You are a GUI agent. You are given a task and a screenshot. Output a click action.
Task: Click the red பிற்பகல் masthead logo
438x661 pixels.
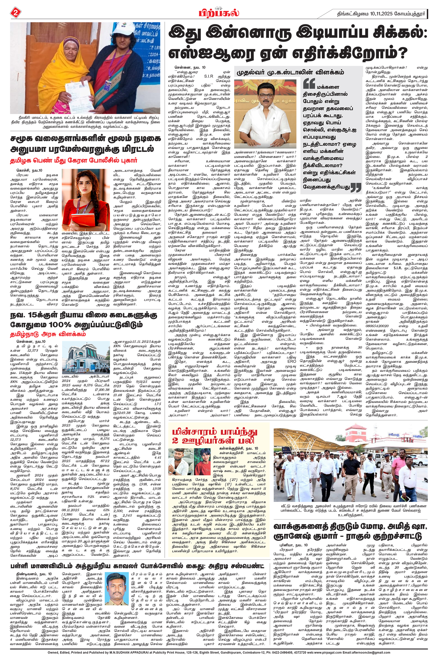tap(219, 13)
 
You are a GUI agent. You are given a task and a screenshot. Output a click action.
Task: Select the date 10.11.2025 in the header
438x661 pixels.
tap(381, 13)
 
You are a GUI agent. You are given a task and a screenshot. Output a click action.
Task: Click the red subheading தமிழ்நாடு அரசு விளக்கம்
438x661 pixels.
tap(48, 334)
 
